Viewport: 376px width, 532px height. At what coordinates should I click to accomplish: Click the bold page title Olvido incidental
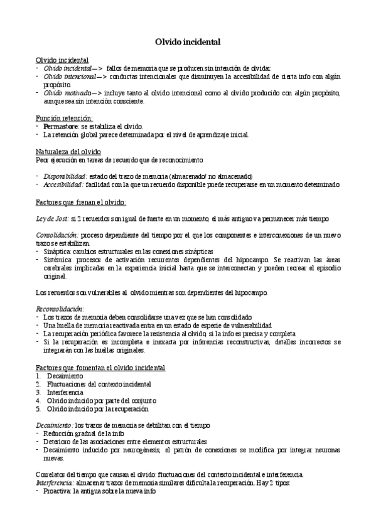pos(188,42)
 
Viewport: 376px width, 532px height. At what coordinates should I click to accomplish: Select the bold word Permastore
pos(61,126)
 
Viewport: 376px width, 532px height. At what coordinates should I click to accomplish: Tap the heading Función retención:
pos(64,118)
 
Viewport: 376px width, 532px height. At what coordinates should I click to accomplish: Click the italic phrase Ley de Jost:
pos(52,218)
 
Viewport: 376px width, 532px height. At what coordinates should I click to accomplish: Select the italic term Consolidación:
pos(56,234)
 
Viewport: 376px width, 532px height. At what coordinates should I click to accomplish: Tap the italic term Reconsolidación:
pos(60,309)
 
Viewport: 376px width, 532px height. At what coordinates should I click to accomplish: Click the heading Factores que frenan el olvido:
pos(81,201)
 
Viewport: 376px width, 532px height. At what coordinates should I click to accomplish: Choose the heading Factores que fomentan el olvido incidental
pos(100,367)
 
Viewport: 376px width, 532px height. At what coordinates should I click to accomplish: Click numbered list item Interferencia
pos(65,391)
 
